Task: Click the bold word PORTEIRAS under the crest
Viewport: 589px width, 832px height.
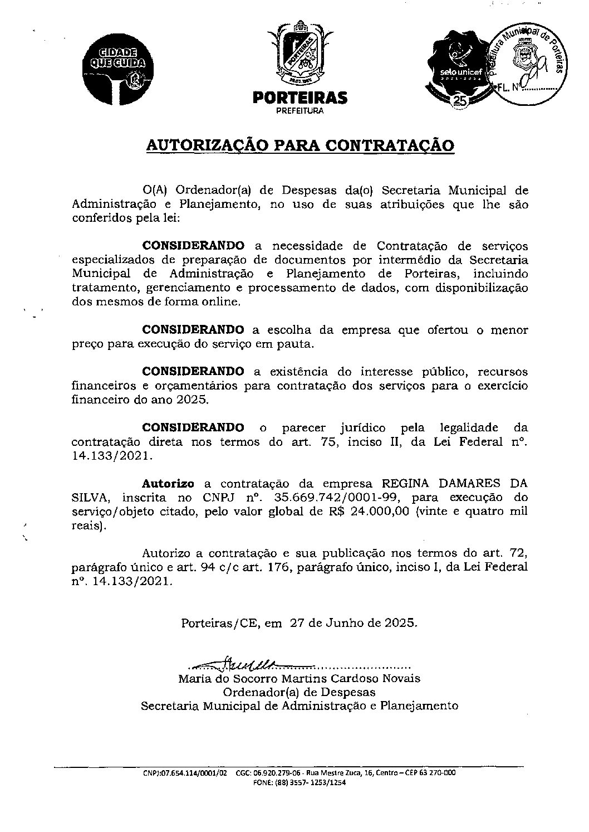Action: coord(300,99)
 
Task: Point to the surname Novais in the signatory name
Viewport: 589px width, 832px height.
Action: coord(401,679)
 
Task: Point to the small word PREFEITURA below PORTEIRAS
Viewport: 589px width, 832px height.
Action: coord(300,111)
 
